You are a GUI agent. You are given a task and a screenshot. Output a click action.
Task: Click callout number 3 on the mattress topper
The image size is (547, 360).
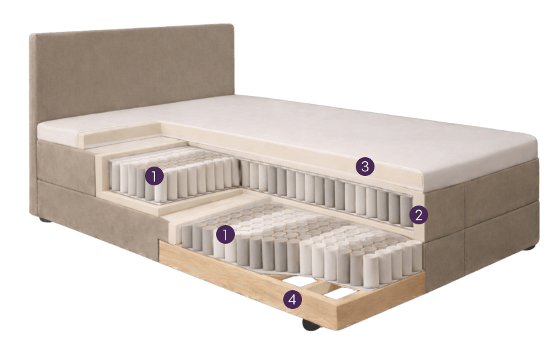[364, 167]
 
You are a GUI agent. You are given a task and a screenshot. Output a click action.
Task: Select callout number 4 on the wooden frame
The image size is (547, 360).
[291, 300]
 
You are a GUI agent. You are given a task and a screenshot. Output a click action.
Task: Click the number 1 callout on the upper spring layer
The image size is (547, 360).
[154, 177]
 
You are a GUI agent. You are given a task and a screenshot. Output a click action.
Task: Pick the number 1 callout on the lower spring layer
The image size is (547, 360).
[226, 234]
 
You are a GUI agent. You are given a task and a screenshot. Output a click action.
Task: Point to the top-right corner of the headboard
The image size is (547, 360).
[232, 26]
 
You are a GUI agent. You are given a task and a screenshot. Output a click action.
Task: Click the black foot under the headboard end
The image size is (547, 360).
[44, 220]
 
